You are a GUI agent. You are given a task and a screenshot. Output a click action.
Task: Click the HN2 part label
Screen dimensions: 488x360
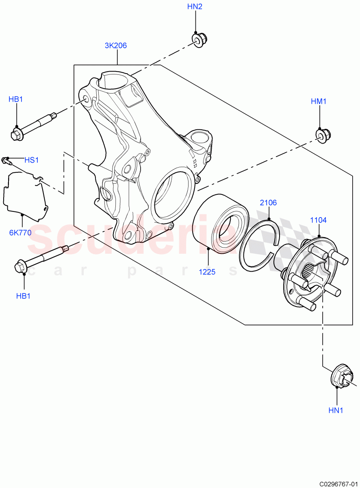pyautogui.click(x=195, y=7)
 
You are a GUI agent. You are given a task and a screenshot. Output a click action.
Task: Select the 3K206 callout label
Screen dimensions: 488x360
pyautogui.click(x=116, y=46)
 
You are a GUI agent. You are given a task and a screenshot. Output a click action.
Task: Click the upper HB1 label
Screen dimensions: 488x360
pyautogui.click(x=16, y=99)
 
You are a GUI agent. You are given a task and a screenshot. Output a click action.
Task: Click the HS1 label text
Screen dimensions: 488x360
pyautogui.click(x=31, y=160)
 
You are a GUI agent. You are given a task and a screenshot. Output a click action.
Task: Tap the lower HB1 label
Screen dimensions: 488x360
pyautogui.click(x=23, y=296)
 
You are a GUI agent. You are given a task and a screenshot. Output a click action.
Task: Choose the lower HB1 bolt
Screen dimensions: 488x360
pyautogui.click(x=41, y=259)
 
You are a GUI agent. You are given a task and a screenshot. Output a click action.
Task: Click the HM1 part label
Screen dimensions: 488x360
pyautogui.click(x=319, y=101)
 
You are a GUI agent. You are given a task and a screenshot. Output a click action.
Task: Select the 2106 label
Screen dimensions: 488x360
pyautogui.click(x=268, y=203)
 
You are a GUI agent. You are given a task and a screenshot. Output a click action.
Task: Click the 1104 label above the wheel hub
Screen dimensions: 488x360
pyautogui.click(x=318, y=220)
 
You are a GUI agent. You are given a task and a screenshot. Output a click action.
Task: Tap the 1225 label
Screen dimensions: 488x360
pyautogui.click(x=207, y=272)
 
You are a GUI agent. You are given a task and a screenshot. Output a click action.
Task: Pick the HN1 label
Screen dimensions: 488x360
pyautogui.click(x=336, y=410)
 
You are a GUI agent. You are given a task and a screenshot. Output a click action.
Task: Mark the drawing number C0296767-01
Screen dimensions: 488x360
pyautogui.click(x=337, y=484)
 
